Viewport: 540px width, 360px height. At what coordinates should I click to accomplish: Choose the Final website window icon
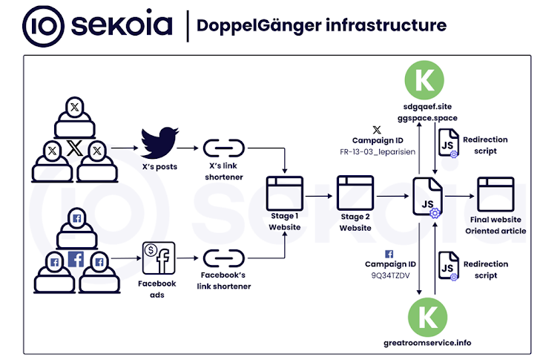coord(495,195)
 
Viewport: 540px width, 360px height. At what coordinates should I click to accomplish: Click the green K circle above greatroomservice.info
coord(427,317)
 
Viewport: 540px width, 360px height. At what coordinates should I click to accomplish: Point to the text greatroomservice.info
coord(427,343)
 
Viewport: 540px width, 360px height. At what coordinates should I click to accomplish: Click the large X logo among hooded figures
coord(74,147)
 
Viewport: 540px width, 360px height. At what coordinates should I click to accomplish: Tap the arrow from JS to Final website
coord(461,196)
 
